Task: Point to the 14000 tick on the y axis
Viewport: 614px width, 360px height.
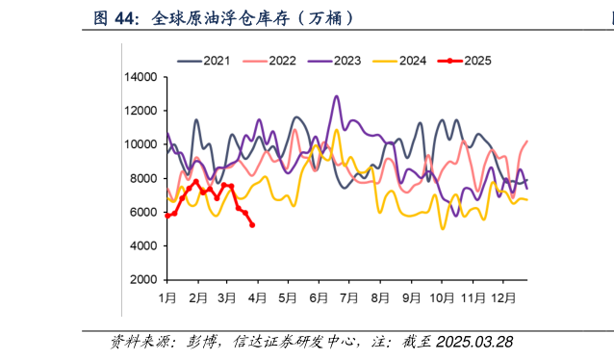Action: pos(141,77)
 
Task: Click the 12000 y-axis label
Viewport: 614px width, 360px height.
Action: pos(141,111)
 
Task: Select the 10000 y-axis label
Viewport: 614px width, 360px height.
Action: pos(141,144)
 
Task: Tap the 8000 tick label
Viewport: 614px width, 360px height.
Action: pos(144,178)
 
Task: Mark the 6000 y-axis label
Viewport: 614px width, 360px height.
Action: pos(144,212)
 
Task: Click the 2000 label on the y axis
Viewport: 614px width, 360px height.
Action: pos(144,279)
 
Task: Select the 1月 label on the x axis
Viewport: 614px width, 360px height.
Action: pos(166,298)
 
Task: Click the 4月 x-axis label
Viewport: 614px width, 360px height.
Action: pos(257,298)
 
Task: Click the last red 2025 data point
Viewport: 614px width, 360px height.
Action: pos(252,225)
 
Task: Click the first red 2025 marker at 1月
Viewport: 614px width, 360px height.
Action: pos(167,216)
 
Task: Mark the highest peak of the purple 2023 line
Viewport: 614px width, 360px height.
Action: pos(336,96)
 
